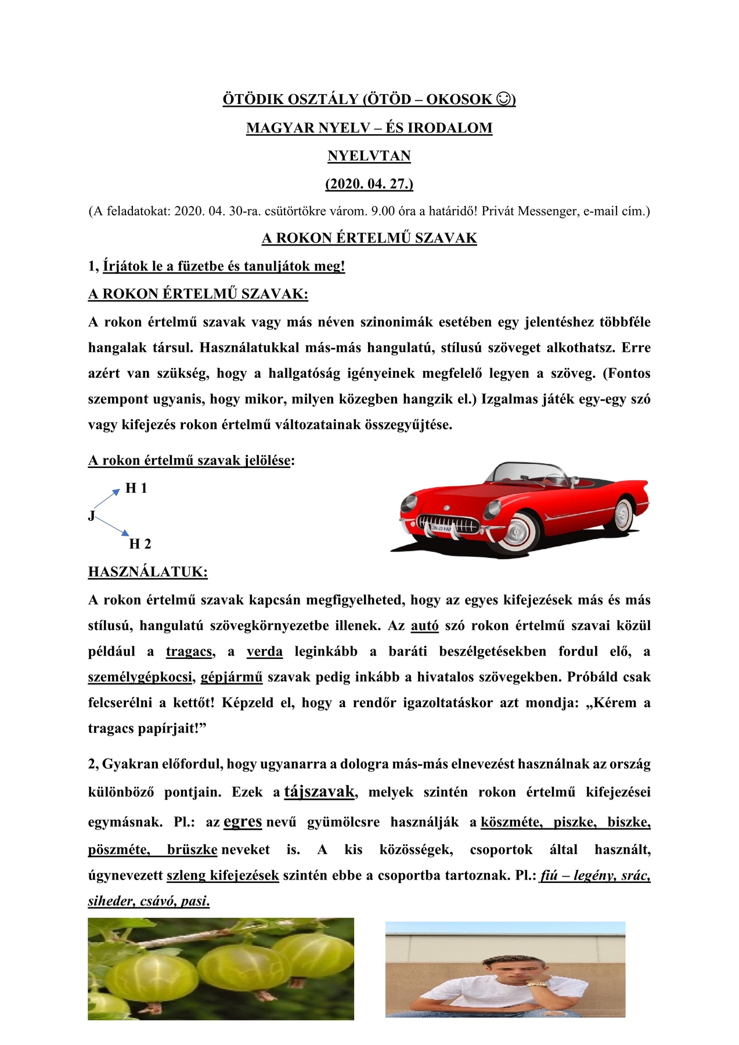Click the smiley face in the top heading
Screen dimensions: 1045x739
pyautogui.click(x=504, y=99)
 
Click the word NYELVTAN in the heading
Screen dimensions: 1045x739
pyautogui.click(x=369, y=156)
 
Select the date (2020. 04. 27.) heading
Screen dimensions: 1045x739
pyautogui.click(x=369, y=184)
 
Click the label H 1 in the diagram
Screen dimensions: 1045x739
pyautogui.click(x=136, y=488)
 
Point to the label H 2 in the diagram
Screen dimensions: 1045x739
pyautogui.click(x=140, y=544)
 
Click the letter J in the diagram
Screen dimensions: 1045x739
pyautogui.click(x=91, y=516)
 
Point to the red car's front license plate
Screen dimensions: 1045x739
pyautogui.click(x=442, y=528)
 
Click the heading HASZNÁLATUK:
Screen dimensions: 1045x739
pyautogui.click(x=148, y=572)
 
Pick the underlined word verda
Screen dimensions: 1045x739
pyautogui.click(x=265, y=651)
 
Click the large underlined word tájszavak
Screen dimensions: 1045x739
pyautogui.click(x=319, y=791)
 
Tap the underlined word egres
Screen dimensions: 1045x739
pyautogui.click(x=243, y=821)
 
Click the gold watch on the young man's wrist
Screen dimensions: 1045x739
pyautogui.click(x=538, y=983)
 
